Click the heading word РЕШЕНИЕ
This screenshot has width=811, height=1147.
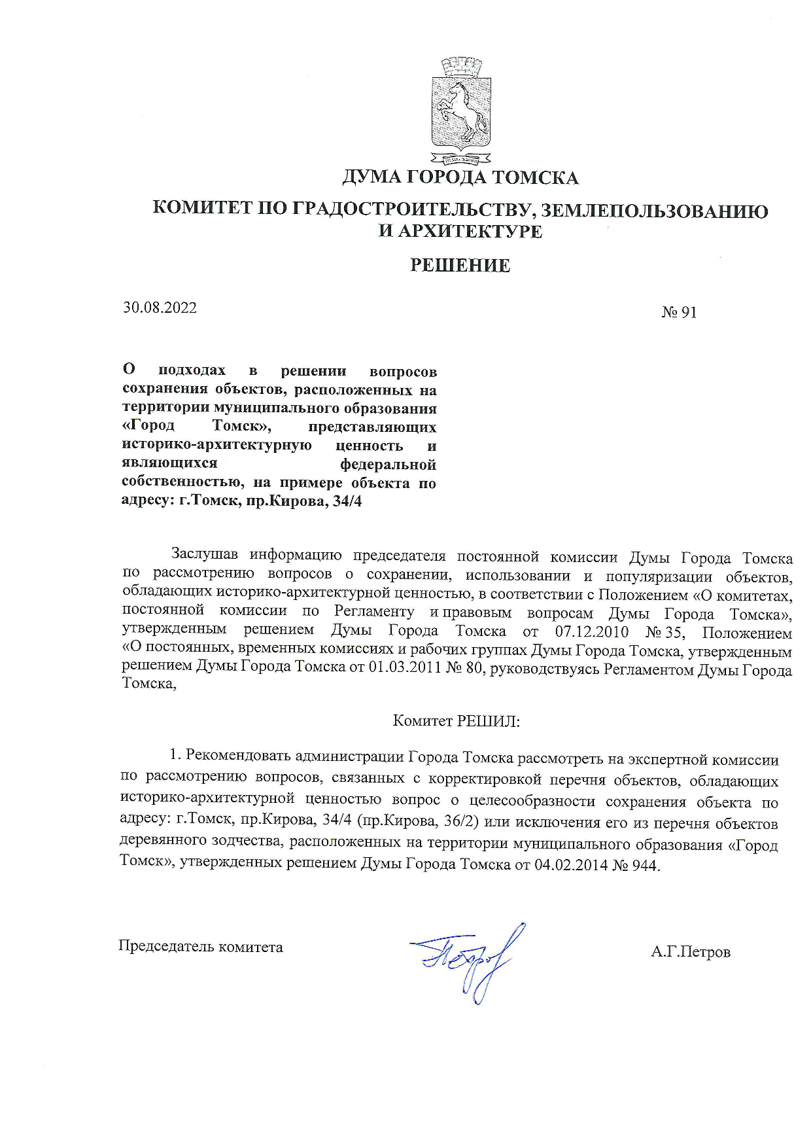(x=459, y=266)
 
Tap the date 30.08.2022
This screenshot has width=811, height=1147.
(x=160, y=308)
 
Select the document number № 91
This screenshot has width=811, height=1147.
(x=679, y=312)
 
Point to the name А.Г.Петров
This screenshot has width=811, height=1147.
(x=690, y=951)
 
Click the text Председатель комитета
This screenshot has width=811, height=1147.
(x=200, y=946)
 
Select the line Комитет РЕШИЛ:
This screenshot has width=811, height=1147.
(x=456, y=721)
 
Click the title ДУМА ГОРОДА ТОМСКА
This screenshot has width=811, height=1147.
(x=460, y=178)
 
